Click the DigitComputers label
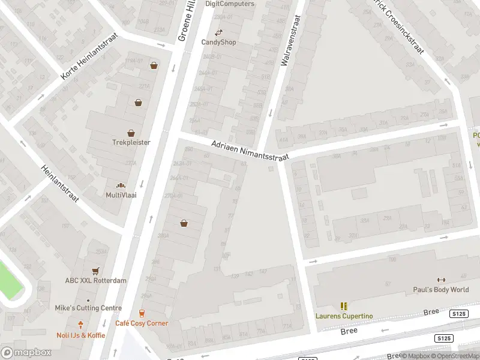pyautogui.click(x=230, y=4)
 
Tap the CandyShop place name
pyautogui.click(x=218, y=42)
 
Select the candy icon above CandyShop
pyautogui.click(x=218, y=32)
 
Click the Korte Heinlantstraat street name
pyautogui.click(x=90, y=56)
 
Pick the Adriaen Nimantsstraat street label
pyautogui.click(x=250, y=151)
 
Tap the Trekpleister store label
pyautogui.click(x=131, y=142)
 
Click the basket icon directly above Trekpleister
pyautogui.click(x=131, y=133)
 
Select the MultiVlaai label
pyautogui.click(x=121, y=195)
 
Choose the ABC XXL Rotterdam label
pyautogui.click(x=96, y=280)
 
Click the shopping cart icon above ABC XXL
pyautogui.click(x=95, y=271)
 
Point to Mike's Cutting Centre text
pyautogui.click(x=88, y=308)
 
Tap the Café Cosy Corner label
pyautogui.click(x=142, y=323)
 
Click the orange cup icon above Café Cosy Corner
pyautogui.click(x=142, y=313)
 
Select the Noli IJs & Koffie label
pyautogui.click(x=80, y=335)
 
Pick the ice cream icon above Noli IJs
pyautogui.click(x=80, y=325)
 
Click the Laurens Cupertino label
pyautogui.click(x=344, y=316)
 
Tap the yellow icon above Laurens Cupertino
pyautogui.click(x=344, y=306)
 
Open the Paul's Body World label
pyautogui.click(x=441, y=290)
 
